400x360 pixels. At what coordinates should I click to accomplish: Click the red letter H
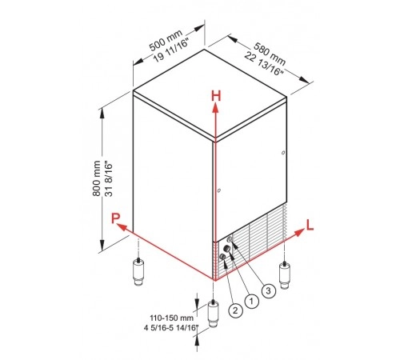click(x=216, y=96)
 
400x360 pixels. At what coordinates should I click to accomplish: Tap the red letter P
click(x=115, y=218)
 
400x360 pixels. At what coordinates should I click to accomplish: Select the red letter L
click(x=310, y=225)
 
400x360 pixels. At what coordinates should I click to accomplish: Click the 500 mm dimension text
click(x=166, y=40)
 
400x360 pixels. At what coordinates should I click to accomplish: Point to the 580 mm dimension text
click(x=270, y=54)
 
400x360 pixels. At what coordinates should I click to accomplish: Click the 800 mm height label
click(x=97, y=178)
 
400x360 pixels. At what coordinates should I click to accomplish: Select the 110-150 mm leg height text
click(x=171, y=318)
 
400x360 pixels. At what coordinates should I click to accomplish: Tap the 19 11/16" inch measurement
click(x=171, y=50)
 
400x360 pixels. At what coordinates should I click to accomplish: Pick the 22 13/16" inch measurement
click(x=264, y=64)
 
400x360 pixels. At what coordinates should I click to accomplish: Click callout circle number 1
click(x=251, y=302)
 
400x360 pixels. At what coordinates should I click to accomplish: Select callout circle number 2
click(x=235, y=310)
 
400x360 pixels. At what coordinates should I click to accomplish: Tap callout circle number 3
click(x=268, y=290)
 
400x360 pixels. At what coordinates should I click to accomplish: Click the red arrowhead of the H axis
click(x=215, y=108)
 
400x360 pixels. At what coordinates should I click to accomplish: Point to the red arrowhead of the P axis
click(x=122, y=227)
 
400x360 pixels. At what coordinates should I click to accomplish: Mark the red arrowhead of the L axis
click(x=299, y=232)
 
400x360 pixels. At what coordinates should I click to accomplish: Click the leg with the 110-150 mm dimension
click(x=213, y=314)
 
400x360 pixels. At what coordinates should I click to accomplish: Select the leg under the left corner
click(x=138, y=272)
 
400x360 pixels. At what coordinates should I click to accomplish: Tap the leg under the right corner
click(x=285, y=275)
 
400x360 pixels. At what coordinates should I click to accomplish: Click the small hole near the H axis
click(x=219, y=190)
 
